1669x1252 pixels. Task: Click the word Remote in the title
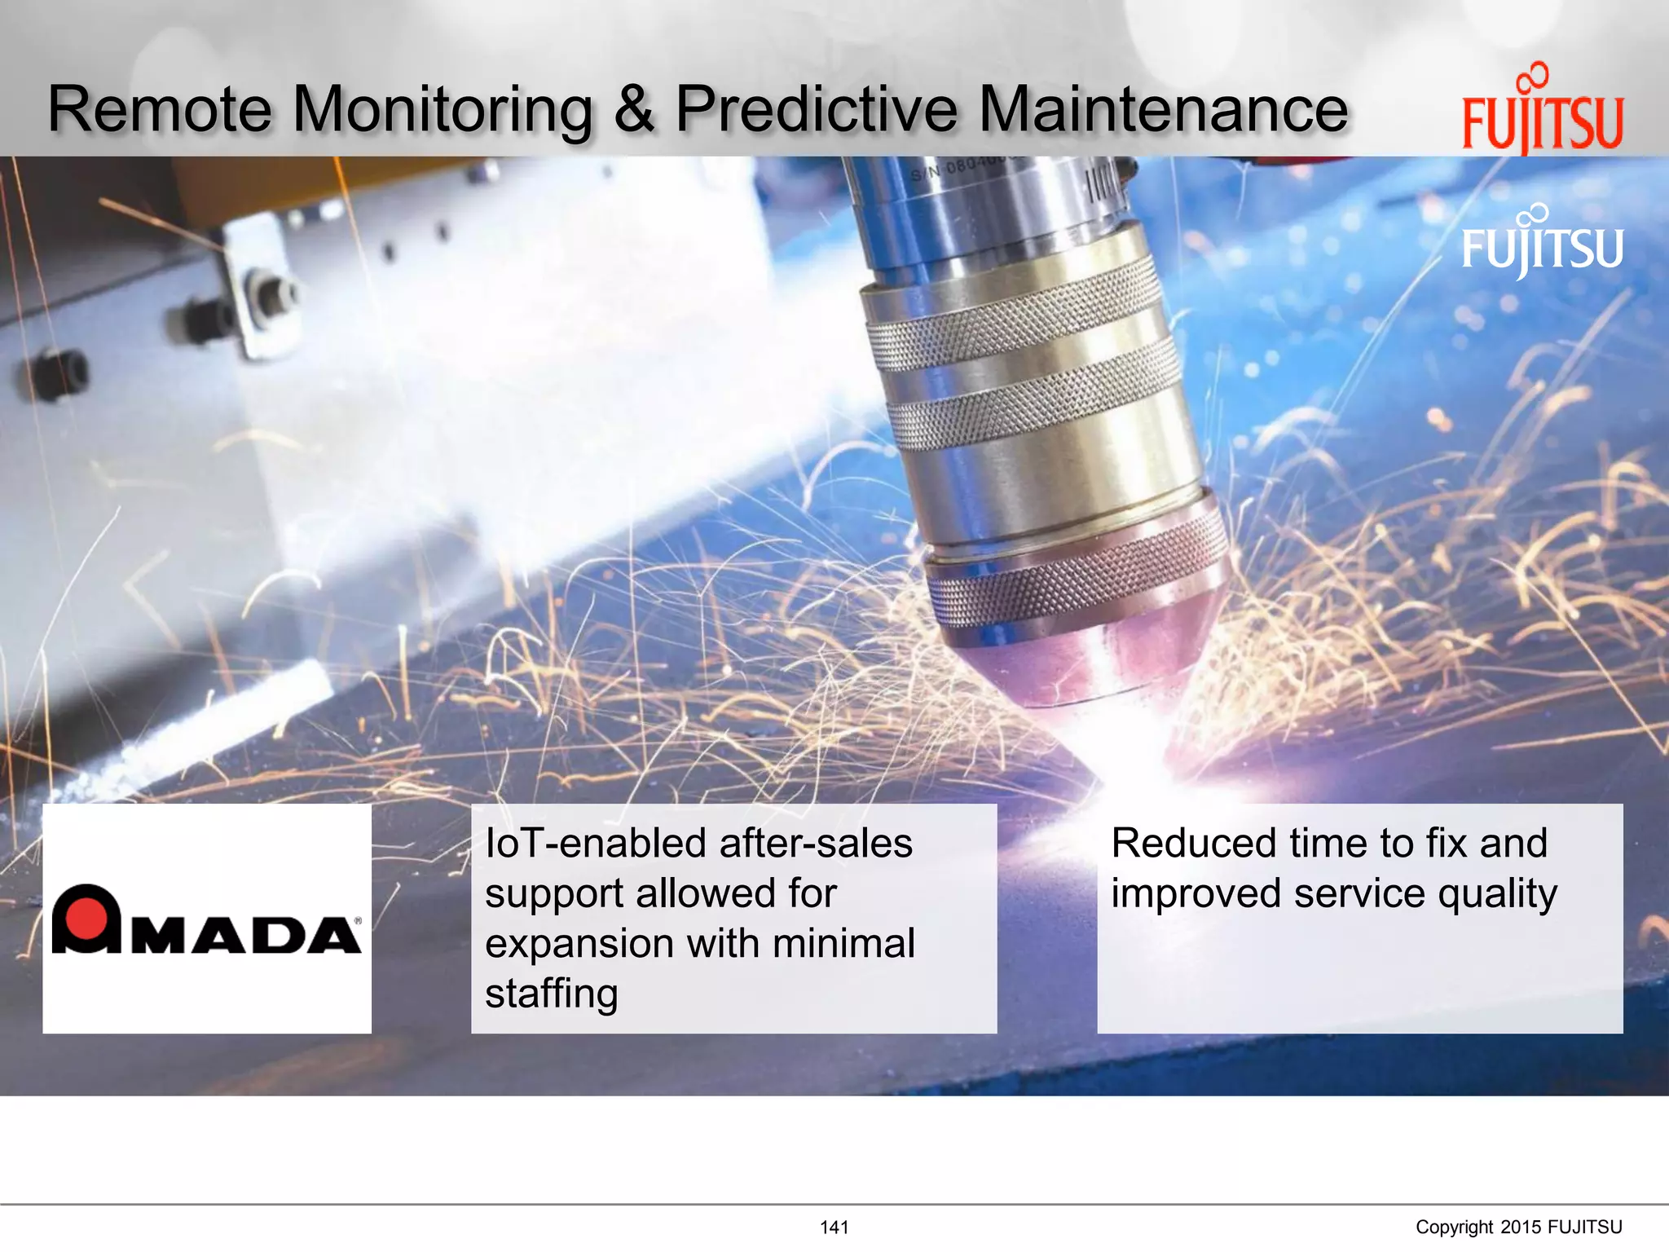[160, 109]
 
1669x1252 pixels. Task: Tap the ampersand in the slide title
[633, 109]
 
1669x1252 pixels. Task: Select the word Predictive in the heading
[817, 109]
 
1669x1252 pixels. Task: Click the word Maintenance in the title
[1163, 109]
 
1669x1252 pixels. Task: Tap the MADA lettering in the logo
[245, 936]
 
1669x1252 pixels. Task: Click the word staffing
[552, 994]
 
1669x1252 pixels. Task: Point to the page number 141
[834, 1228]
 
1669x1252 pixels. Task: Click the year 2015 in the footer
[1521, 1228]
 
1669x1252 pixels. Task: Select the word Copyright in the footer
[1454, 1228]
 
